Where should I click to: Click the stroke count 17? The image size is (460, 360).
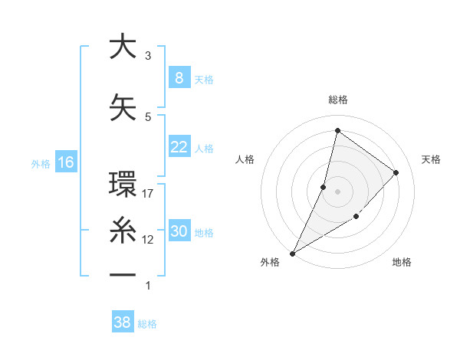[x=148, y=194]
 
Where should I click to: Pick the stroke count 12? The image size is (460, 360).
[x=148, y=240]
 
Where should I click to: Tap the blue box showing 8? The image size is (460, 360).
[x=179, y=77]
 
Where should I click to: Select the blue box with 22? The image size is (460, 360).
[x=179, y=147]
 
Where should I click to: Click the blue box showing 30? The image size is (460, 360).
[x=179, y=232]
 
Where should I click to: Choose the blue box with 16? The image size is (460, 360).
[x=65, y=162]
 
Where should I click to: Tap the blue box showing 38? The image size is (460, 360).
[x=122, y=322]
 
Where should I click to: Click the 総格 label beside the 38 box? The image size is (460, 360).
[x=147, y=324]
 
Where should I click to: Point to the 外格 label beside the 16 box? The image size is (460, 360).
[x=40, y=163]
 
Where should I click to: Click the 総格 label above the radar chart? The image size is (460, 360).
[x=337, y=100]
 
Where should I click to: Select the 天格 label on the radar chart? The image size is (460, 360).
[x=432, y=159]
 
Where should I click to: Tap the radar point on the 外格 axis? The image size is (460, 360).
[x=292, y=253]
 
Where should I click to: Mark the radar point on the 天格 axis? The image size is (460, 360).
[x=396, y=172]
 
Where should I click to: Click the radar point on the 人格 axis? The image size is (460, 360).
[x=324, y=187]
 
